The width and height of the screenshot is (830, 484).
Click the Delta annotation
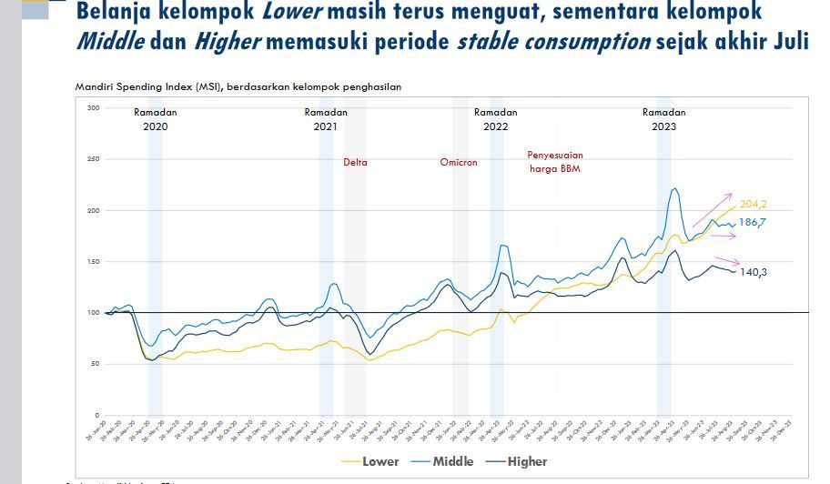click(355, 163)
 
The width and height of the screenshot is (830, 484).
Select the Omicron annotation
click(459, 163)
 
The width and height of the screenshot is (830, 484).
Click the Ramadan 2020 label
click(156, 119)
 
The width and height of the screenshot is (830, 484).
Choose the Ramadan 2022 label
click(496, 119)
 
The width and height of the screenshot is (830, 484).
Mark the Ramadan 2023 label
click(664, 119)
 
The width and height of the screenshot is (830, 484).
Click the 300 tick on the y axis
click(93, 108)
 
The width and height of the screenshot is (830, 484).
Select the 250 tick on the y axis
click(93, 159)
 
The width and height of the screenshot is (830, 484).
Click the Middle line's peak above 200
click(674, 188)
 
